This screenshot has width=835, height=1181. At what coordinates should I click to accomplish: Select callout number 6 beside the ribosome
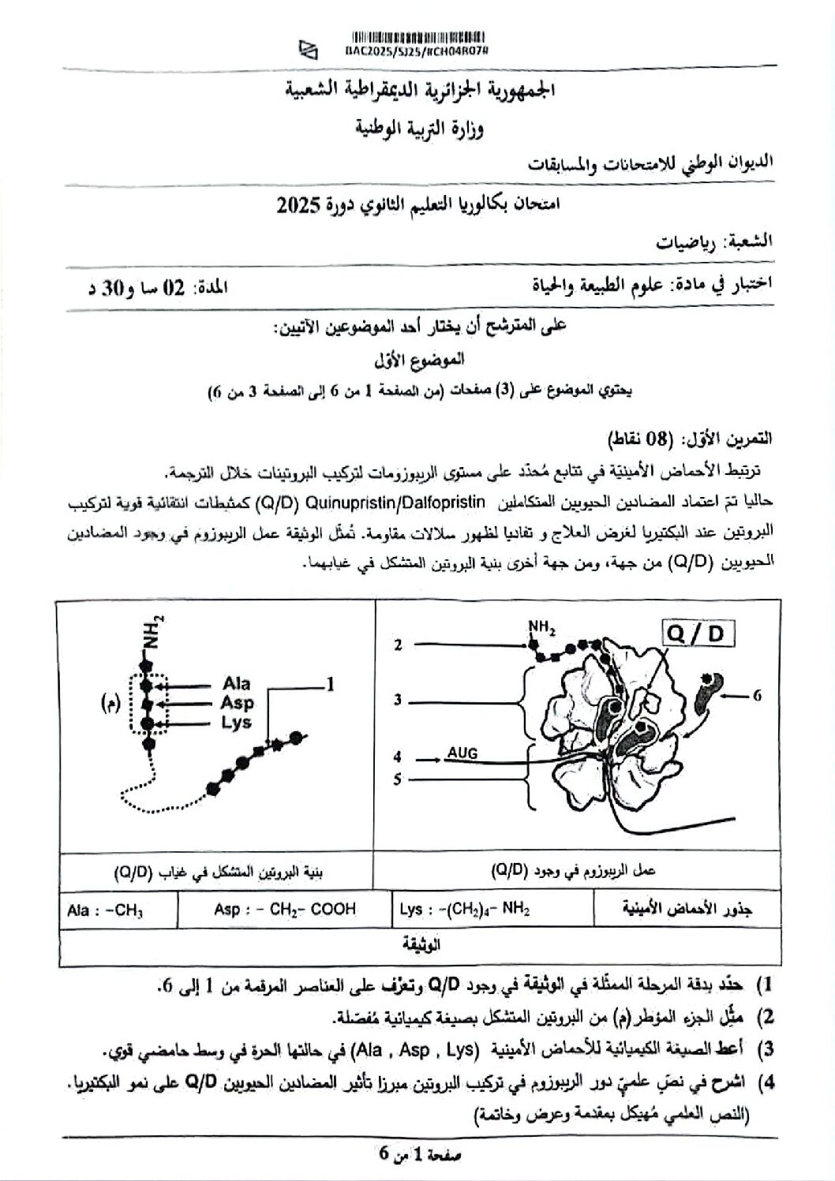[756, 695]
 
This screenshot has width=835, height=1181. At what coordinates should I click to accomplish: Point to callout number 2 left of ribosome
[399, 645]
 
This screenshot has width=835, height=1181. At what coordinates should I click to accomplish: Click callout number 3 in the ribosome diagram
[399, 699]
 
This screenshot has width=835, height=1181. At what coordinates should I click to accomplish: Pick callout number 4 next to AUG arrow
[399, 758]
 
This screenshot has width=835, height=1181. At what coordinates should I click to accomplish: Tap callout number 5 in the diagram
[399, 779]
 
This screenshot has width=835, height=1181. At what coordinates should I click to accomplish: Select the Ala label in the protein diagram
[236, 684]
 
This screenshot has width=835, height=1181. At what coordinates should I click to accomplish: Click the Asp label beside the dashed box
[238, 703]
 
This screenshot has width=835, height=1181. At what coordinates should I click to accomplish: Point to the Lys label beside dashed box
[236, 722]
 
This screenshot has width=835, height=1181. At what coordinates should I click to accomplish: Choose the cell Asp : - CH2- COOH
[284, 909]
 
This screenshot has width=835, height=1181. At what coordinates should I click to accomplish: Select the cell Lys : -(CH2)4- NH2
[464, 910]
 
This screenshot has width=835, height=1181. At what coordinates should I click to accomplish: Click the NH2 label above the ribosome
[542, 628]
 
